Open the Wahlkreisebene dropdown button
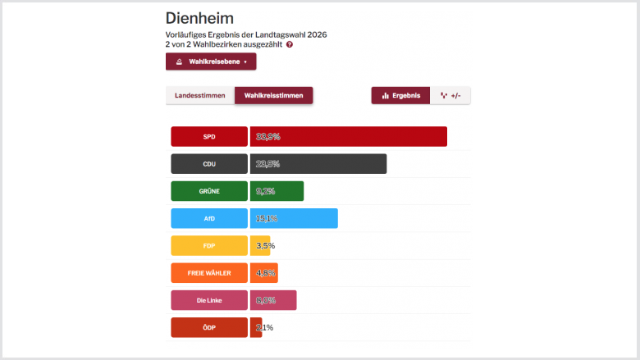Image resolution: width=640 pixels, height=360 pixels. coord(211,62)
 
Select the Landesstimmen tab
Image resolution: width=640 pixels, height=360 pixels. coord(199,96)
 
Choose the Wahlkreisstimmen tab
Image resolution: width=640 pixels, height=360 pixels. coord(273,96)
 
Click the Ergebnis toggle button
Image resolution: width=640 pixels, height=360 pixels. coord(400,96)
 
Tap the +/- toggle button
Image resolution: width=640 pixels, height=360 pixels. coord(450,96)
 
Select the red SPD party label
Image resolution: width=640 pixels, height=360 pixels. coord(209,136)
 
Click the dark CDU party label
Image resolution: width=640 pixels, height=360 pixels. coord(209,164)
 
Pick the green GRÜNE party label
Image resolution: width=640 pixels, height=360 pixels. coord(209,191)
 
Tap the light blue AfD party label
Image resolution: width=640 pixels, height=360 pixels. coord(209,218)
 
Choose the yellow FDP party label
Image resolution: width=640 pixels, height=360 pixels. coord(209,245)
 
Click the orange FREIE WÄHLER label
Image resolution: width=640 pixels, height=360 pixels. coord(209,272)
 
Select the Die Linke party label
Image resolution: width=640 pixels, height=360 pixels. coord(209,300)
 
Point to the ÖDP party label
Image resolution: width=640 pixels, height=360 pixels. coord(209,327)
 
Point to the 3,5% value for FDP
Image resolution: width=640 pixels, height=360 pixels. coord(266,245)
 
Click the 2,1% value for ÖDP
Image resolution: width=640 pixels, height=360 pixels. coord(265,327)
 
